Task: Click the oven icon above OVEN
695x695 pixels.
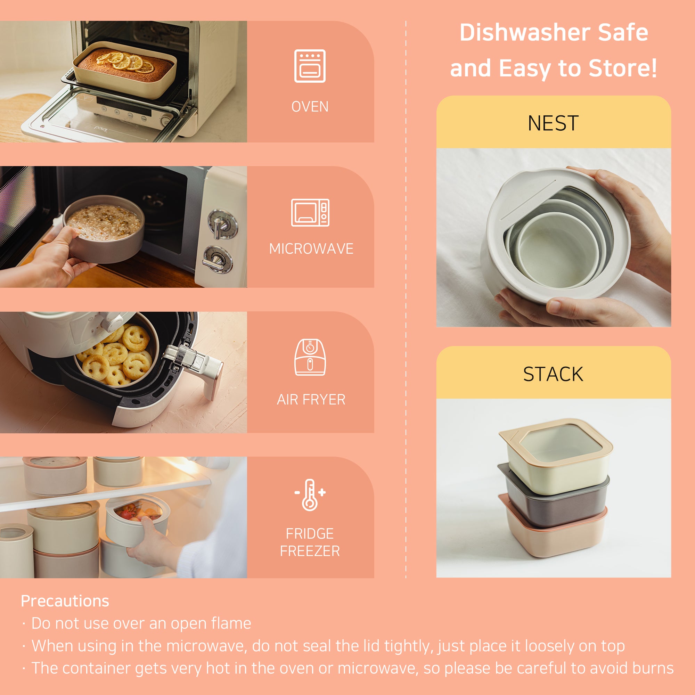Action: pos(310,66)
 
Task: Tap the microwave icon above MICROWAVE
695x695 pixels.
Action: pos(310,213)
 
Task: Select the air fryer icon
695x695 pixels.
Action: pos(310,357)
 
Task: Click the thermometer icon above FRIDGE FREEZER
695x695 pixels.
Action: pos(310,495)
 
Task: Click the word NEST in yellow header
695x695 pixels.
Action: pos(553,123)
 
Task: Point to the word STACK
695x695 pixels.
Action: pos(553,374)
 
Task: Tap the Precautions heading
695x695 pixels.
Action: pos(65,601)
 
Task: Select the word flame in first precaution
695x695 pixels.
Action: pos(231,623)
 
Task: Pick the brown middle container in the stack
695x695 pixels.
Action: pos(554,505)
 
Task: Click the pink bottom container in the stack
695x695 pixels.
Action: pos(554,536)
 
